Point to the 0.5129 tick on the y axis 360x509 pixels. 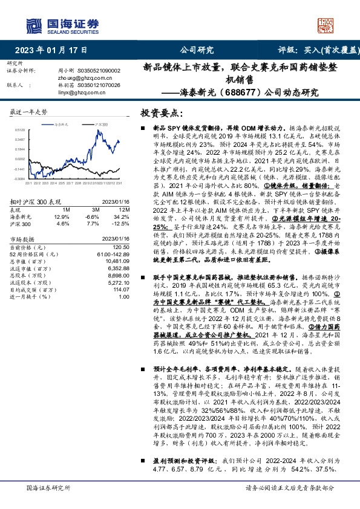tap(19, 129)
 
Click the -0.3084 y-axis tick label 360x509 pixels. tap(19, 180)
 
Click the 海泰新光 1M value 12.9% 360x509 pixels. tap(62, 216)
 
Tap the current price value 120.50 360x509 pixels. tap(122, 247)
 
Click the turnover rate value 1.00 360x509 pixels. tap(124, 296)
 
